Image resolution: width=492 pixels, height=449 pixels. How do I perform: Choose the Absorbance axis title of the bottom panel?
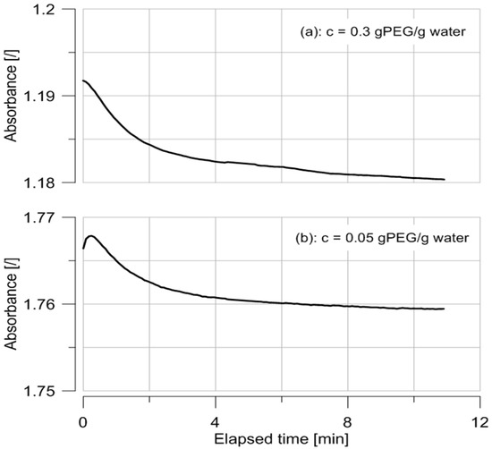13,304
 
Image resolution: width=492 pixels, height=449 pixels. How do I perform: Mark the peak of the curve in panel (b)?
90,236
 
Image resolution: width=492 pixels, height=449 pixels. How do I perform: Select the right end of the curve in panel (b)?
444,309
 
